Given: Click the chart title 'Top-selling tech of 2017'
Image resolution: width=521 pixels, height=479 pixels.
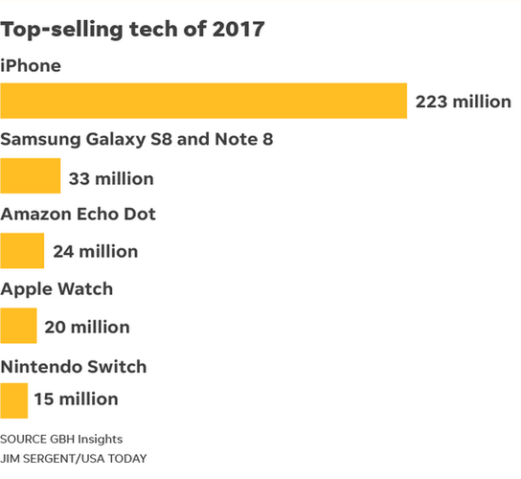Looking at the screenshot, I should [133, 29].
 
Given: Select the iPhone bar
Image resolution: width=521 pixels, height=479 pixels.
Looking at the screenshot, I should [203, 102].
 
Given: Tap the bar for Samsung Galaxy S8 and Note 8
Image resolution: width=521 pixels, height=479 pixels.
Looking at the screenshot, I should [31, 176].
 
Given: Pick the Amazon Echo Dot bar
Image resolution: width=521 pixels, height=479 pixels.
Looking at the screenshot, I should [22, 251].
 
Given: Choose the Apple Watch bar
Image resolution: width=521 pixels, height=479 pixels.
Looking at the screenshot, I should [18, 326].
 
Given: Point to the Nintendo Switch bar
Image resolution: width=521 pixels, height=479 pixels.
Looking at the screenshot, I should [13, 399].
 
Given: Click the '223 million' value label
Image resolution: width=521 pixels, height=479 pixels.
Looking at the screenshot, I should [463, 103].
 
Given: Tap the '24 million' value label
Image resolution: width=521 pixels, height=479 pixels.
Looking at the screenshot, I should [95, 252].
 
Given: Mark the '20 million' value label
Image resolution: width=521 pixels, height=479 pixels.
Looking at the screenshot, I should [87, 327].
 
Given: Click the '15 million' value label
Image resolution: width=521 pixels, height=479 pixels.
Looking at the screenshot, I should [76, 399].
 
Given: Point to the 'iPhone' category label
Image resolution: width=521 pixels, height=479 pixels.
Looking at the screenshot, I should [31, 65].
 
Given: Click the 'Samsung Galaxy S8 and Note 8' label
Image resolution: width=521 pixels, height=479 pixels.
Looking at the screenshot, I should [136, 140].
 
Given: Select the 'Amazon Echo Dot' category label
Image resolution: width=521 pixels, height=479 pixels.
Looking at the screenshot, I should [78, 214].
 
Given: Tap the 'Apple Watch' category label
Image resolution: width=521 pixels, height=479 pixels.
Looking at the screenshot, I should [57, 288].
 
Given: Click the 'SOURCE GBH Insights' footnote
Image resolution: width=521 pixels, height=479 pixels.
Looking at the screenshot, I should [61, 438].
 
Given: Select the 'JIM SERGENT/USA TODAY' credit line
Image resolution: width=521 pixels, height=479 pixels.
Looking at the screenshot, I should [74, 459].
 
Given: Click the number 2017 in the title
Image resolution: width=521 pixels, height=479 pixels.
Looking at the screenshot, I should [238, 29].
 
